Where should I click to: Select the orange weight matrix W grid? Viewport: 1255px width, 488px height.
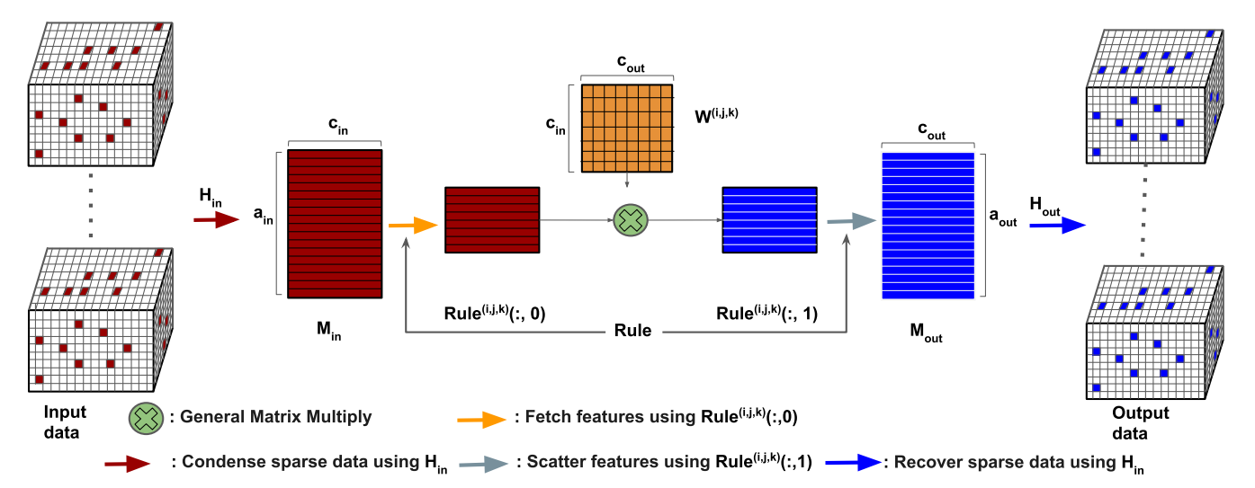(x=627, y=129)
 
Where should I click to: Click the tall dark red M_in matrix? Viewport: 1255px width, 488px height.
(x=335, y=223)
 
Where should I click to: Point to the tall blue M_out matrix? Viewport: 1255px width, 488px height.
(x=928, y=226)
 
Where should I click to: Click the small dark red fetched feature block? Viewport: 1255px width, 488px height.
(x=491, y=220)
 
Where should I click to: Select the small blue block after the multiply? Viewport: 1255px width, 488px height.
(x=769, y=220)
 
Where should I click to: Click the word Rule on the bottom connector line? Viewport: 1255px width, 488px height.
(x=633, y=332)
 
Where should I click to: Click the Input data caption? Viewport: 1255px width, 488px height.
(x=64, y=422)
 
